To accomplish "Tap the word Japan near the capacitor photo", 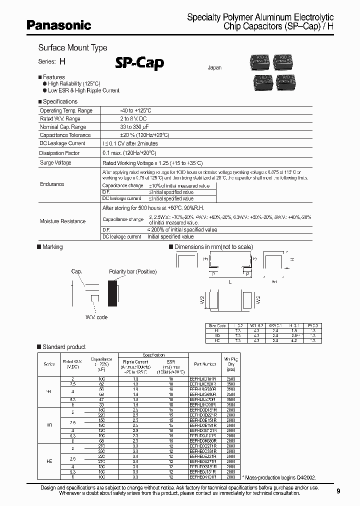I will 214,67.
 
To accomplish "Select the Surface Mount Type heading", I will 73,48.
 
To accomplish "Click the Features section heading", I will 53,77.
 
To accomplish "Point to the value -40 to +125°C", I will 136,110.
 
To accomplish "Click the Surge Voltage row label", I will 55,163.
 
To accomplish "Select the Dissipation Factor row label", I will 59,153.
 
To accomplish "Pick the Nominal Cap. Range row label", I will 63,127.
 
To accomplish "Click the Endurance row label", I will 52,184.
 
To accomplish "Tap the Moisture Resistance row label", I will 62,221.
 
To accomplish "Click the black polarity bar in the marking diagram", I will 113,293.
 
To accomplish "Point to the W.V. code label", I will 96,317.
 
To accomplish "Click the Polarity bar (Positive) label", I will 132,271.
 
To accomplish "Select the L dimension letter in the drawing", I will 230,282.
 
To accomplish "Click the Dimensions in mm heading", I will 213,247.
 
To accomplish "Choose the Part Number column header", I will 205,364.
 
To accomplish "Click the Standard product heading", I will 64,346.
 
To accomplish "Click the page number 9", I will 338,491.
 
